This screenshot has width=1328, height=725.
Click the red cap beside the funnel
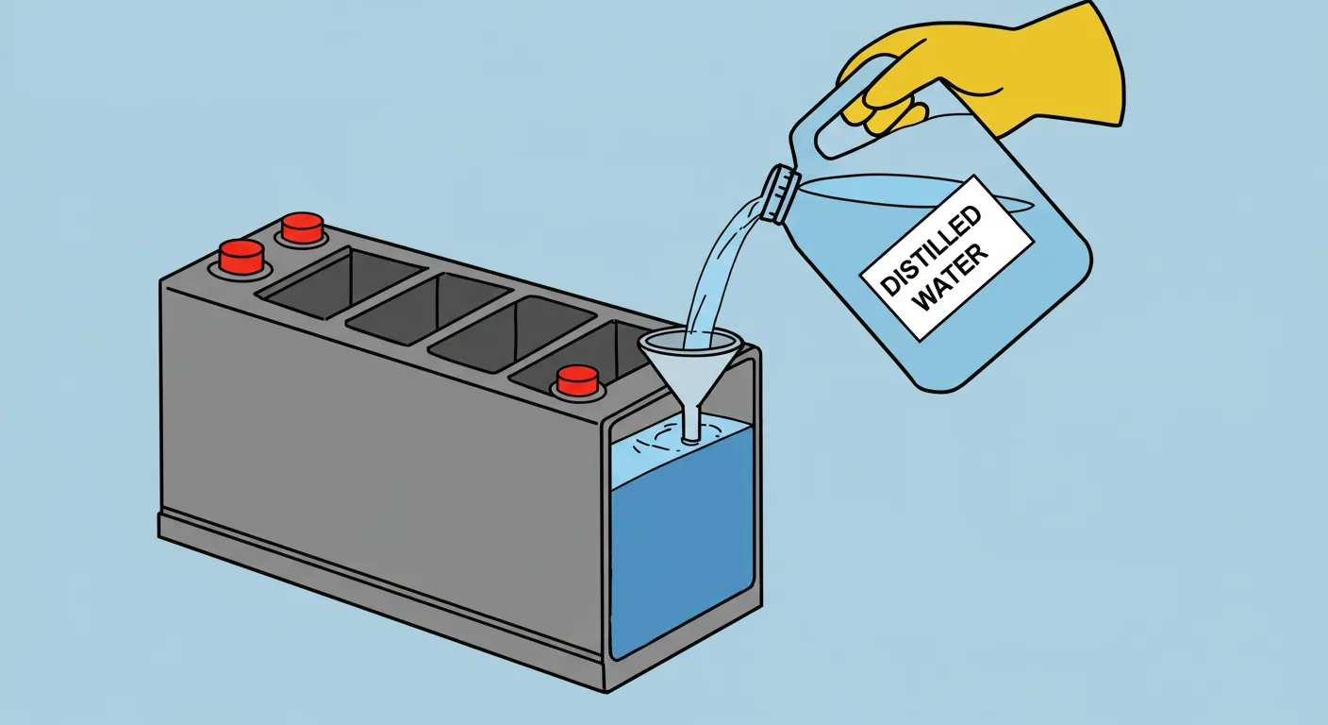pos(577,379)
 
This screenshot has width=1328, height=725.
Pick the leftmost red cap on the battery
pos(241,255)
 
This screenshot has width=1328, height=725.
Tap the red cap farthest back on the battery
pos(303,228)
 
